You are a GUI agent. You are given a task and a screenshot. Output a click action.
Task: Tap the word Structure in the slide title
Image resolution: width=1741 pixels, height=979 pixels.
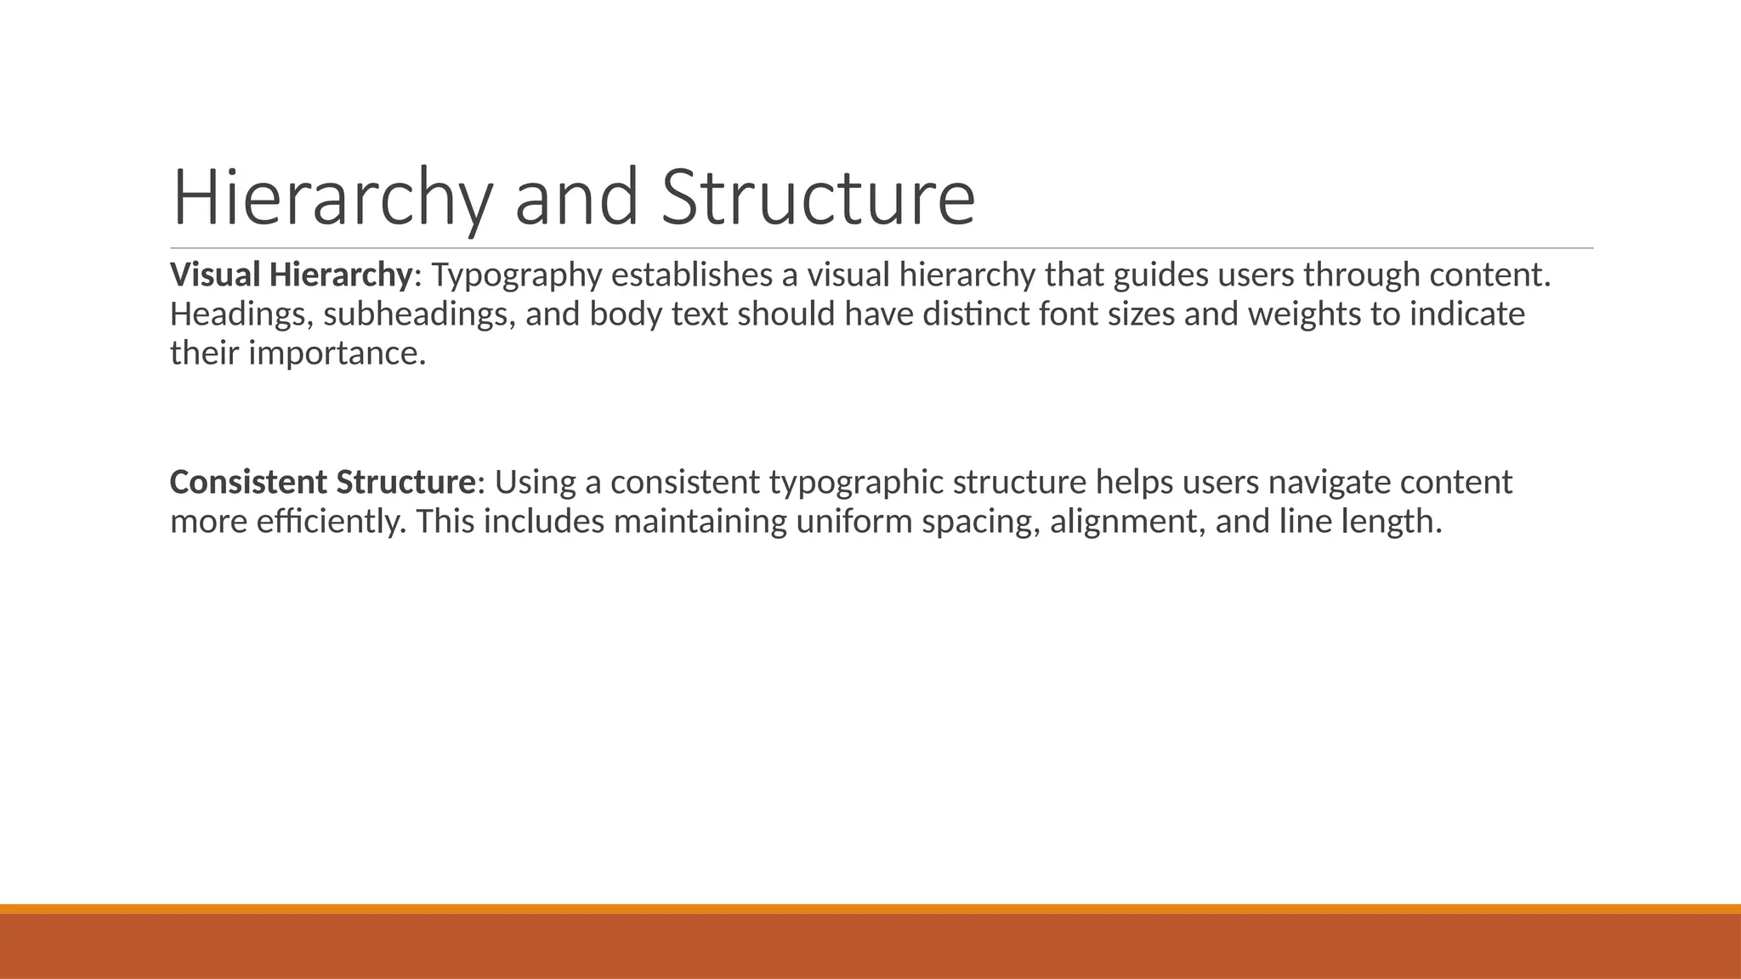tap(818, 198)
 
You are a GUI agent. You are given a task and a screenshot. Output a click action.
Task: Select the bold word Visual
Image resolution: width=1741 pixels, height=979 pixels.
tap(215, 275)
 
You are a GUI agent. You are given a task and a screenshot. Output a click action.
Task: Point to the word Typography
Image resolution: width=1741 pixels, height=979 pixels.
tap(517, 275)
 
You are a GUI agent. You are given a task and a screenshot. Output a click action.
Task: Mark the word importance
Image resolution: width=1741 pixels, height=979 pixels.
tap(337, 354)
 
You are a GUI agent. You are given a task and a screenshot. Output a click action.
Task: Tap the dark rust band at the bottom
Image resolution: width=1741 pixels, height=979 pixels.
tap(870, 947)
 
